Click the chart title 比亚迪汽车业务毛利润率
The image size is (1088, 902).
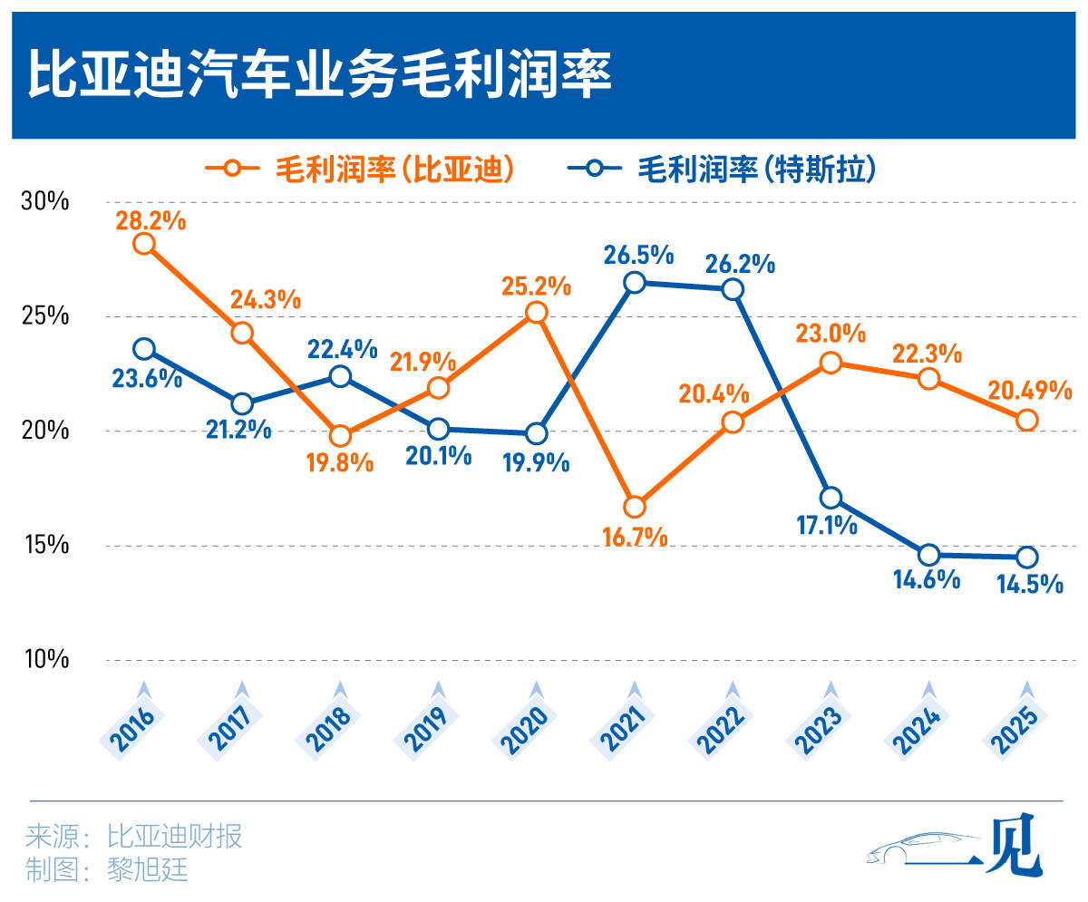319,75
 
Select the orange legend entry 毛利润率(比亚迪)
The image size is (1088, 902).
363,169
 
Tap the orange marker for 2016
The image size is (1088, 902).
143,243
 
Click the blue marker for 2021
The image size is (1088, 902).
635,282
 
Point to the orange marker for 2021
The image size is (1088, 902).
635,507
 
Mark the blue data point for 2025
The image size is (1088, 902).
1026,557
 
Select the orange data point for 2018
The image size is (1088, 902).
340,436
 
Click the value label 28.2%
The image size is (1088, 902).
151,218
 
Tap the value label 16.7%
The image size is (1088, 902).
635,536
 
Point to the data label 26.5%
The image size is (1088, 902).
640,255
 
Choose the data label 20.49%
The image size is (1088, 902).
1030,391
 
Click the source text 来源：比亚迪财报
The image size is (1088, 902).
134,835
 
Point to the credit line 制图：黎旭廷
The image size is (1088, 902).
107,869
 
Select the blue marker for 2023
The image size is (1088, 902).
831,498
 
